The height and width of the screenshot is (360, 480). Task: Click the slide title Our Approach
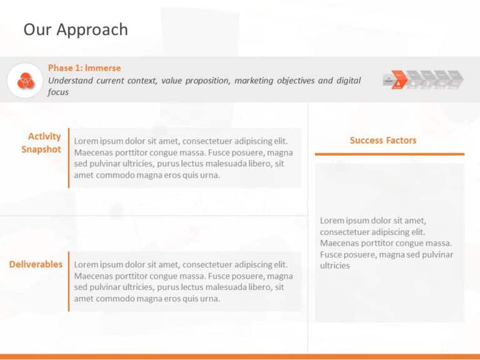[x=75, y=29]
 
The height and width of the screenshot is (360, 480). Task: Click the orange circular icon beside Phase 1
[x=25, y=81]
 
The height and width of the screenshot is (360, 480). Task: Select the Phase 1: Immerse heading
[x=84, y=68]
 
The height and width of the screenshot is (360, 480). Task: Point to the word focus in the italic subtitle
[x=58, y=92]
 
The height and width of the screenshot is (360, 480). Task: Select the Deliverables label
[x=36, y=264]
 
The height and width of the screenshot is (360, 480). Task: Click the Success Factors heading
[x=382, y=140]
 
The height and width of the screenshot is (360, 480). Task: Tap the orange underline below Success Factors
[x=389, y=154]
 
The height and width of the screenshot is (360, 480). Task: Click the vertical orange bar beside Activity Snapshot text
[x=69, y=157]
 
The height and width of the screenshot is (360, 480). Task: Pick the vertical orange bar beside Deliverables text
[x=69, y=281]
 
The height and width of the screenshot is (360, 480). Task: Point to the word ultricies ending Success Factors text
[x=335, y=266]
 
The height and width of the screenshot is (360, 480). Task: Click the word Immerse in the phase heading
[x=103, y=68]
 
